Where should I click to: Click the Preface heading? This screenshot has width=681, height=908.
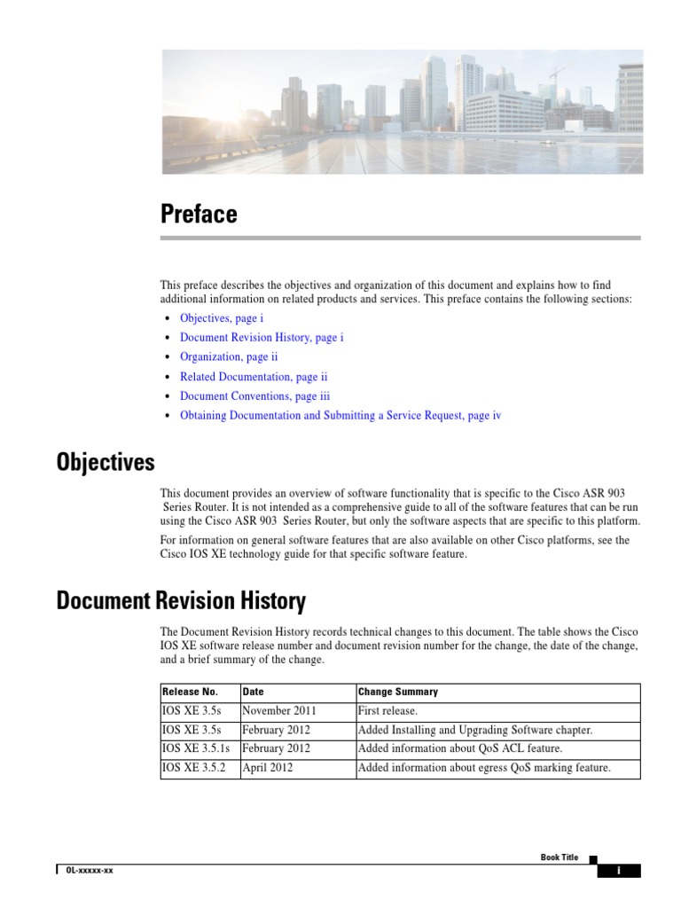199,215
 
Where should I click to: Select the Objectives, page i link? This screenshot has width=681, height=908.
222,317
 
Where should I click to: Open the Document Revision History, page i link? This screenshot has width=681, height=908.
262,337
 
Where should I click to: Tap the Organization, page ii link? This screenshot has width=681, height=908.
229,356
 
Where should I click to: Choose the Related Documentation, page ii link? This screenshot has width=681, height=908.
254,377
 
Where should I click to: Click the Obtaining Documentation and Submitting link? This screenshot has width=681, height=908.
340,416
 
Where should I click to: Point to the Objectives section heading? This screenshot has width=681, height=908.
106,463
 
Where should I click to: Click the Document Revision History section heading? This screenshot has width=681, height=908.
181,602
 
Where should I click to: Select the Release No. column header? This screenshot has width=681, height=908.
190,692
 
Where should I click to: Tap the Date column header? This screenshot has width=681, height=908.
253,692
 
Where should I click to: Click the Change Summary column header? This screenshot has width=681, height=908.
397,692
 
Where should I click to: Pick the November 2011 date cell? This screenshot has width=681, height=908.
279,711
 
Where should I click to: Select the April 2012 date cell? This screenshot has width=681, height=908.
268,768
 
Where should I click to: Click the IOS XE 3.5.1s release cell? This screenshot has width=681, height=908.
196,749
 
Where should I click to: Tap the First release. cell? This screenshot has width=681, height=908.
387,711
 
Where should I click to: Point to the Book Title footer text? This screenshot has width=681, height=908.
559,857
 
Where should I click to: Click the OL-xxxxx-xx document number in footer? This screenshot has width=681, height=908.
90,871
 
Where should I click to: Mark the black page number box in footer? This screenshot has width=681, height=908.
619,871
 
